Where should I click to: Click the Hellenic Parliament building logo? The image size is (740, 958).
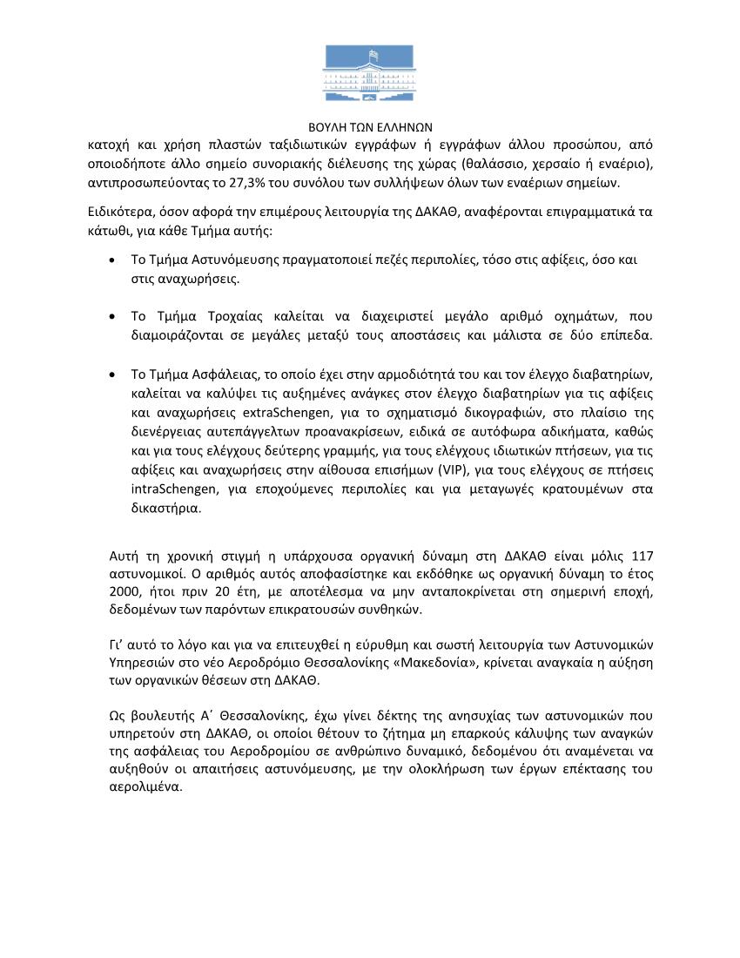coord(369,75)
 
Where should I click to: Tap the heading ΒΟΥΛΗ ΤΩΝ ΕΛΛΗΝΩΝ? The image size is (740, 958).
coord(369,126)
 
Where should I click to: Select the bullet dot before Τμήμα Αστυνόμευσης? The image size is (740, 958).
coord(112,261)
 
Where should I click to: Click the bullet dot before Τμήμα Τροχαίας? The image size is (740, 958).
coord(112,316)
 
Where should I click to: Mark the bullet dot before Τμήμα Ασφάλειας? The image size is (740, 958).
coord(112,374)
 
